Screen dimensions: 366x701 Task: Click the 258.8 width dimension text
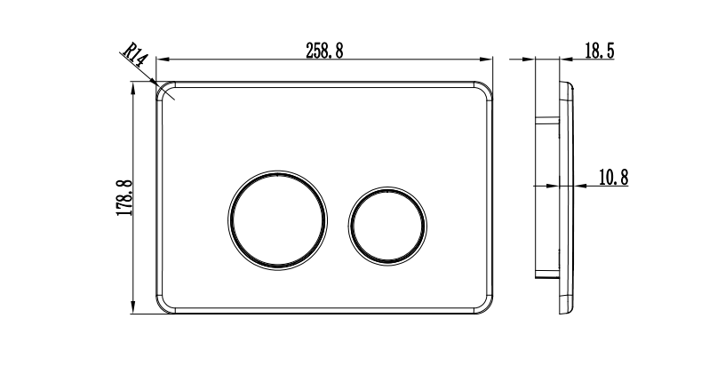(x=324, y=50)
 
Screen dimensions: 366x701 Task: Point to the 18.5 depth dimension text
(x=600, y=50)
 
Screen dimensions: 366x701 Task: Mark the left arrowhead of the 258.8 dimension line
(x=162, y=60)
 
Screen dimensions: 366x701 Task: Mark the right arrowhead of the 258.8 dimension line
(x=488, y=60)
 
